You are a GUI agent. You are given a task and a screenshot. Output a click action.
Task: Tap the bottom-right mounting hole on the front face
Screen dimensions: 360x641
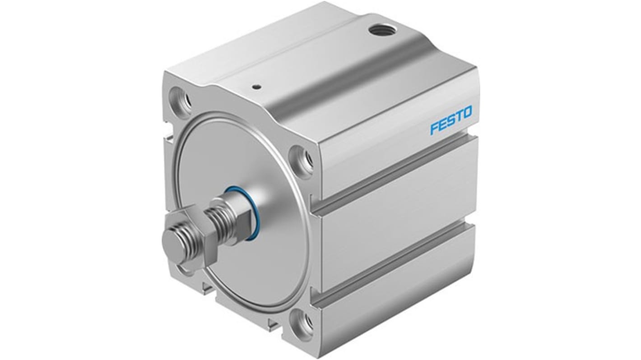click(302, 323)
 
